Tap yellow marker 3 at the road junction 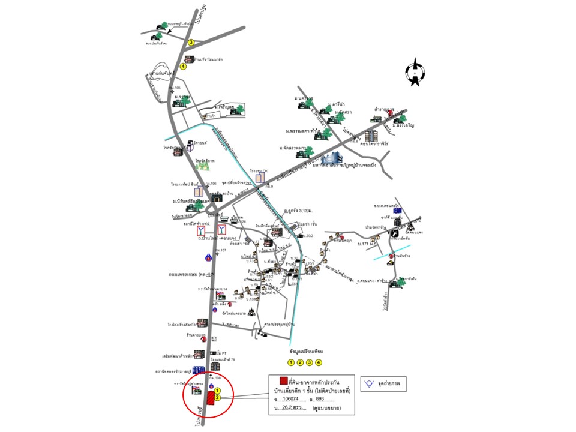coord(191,43)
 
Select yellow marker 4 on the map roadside coord(183,67)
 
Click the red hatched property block coord(211,397)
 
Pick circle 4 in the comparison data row coord(319,362)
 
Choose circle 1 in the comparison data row coord(291,362)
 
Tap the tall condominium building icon coord(371,136)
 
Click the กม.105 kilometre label coord(174,88)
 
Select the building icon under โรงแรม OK coord(260,178)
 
